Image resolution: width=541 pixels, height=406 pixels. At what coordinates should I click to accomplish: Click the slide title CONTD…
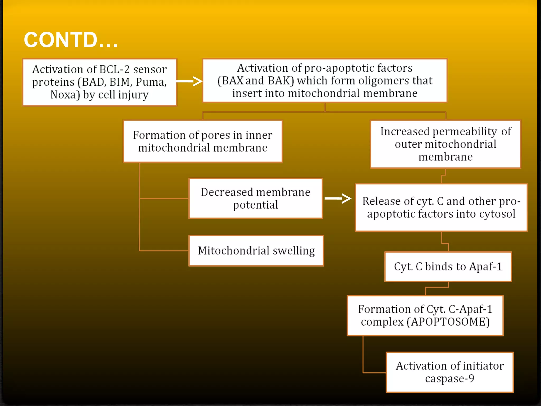71,40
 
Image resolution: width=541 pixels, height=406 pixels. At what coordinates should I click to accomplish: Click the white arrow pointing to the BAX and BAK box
189,81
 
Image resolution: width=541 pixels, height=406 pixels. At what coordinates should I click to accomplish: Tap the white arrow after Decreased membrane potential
338,198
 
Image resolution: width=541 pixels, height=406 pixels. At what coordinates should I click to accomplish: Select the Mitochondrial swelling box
256,251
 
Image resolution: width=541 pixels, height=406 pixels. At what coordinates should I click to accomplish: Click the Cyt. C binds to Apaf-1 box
448,267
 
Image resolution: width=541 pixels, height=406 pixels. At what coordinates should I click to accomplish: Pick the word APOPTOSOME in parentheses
448,322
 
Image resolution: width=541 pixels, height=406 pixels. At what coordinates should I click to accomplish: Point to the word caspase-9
450,379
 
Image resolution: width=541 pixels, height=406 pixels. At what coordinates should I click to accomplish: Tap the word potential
255,205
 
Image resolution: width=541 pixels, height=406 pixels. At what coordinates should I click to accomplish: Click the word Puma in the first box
151,82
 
